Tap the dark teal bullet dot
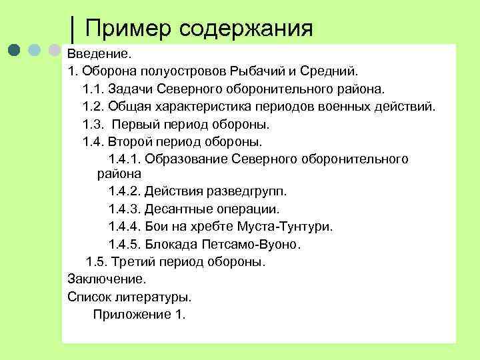pos(17,51)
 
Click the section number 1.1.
pos(93,88)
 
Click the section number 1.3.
pos(93,124)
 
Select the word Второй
pos(131,142)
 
